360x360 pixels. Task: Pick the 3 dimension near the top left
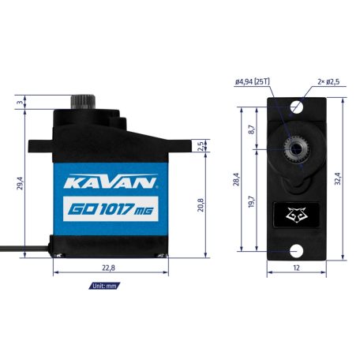tap(21, 101)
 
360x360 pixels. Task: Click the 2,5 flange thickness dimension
tap(202, 144)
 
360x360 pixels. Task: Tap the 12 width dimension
tap(296, 268)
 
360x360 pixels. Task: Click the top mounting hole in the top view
tap(296, 106)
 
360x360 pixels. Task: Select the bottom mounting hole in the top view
tap(296, 250)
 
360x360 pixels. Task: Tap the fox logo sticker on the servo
tap(296, 213)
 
